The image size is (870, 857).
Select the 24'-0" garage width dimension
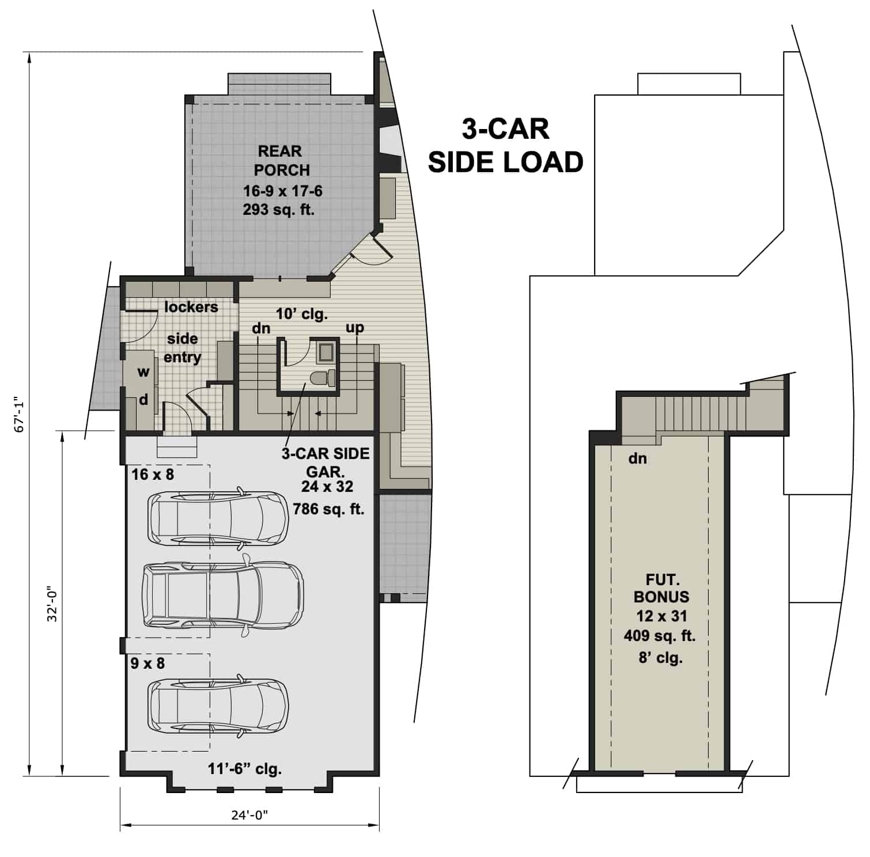pos(249,815)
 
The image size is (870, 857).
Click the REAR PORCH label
pos(281,161)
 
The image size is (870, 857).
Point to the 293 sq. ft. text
pos(279,210)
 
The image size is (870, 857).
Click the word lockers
pos(191,307)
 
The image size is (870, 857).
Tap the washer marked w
pos(142,372)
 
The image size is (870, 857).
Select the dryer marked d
pos(143,399)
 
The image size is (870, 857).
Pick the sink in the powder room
pos(326,351)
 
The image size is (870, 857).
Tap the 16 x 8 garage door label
pos(152,475)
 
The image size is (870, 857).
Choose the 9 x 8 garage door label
pos(147,663)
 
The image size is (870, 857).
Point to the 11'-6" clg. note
pos(244,768)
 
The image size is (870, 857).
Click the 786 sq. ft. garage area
pos(328,509)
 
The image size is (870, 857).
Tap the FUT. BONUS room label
pos(661,588)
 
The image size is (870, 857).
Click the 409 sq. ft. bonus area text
pos(660,636)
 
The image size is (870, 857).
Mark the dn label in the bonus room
pos(637,458)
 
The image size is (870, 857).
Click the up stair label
pos(354,327)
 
